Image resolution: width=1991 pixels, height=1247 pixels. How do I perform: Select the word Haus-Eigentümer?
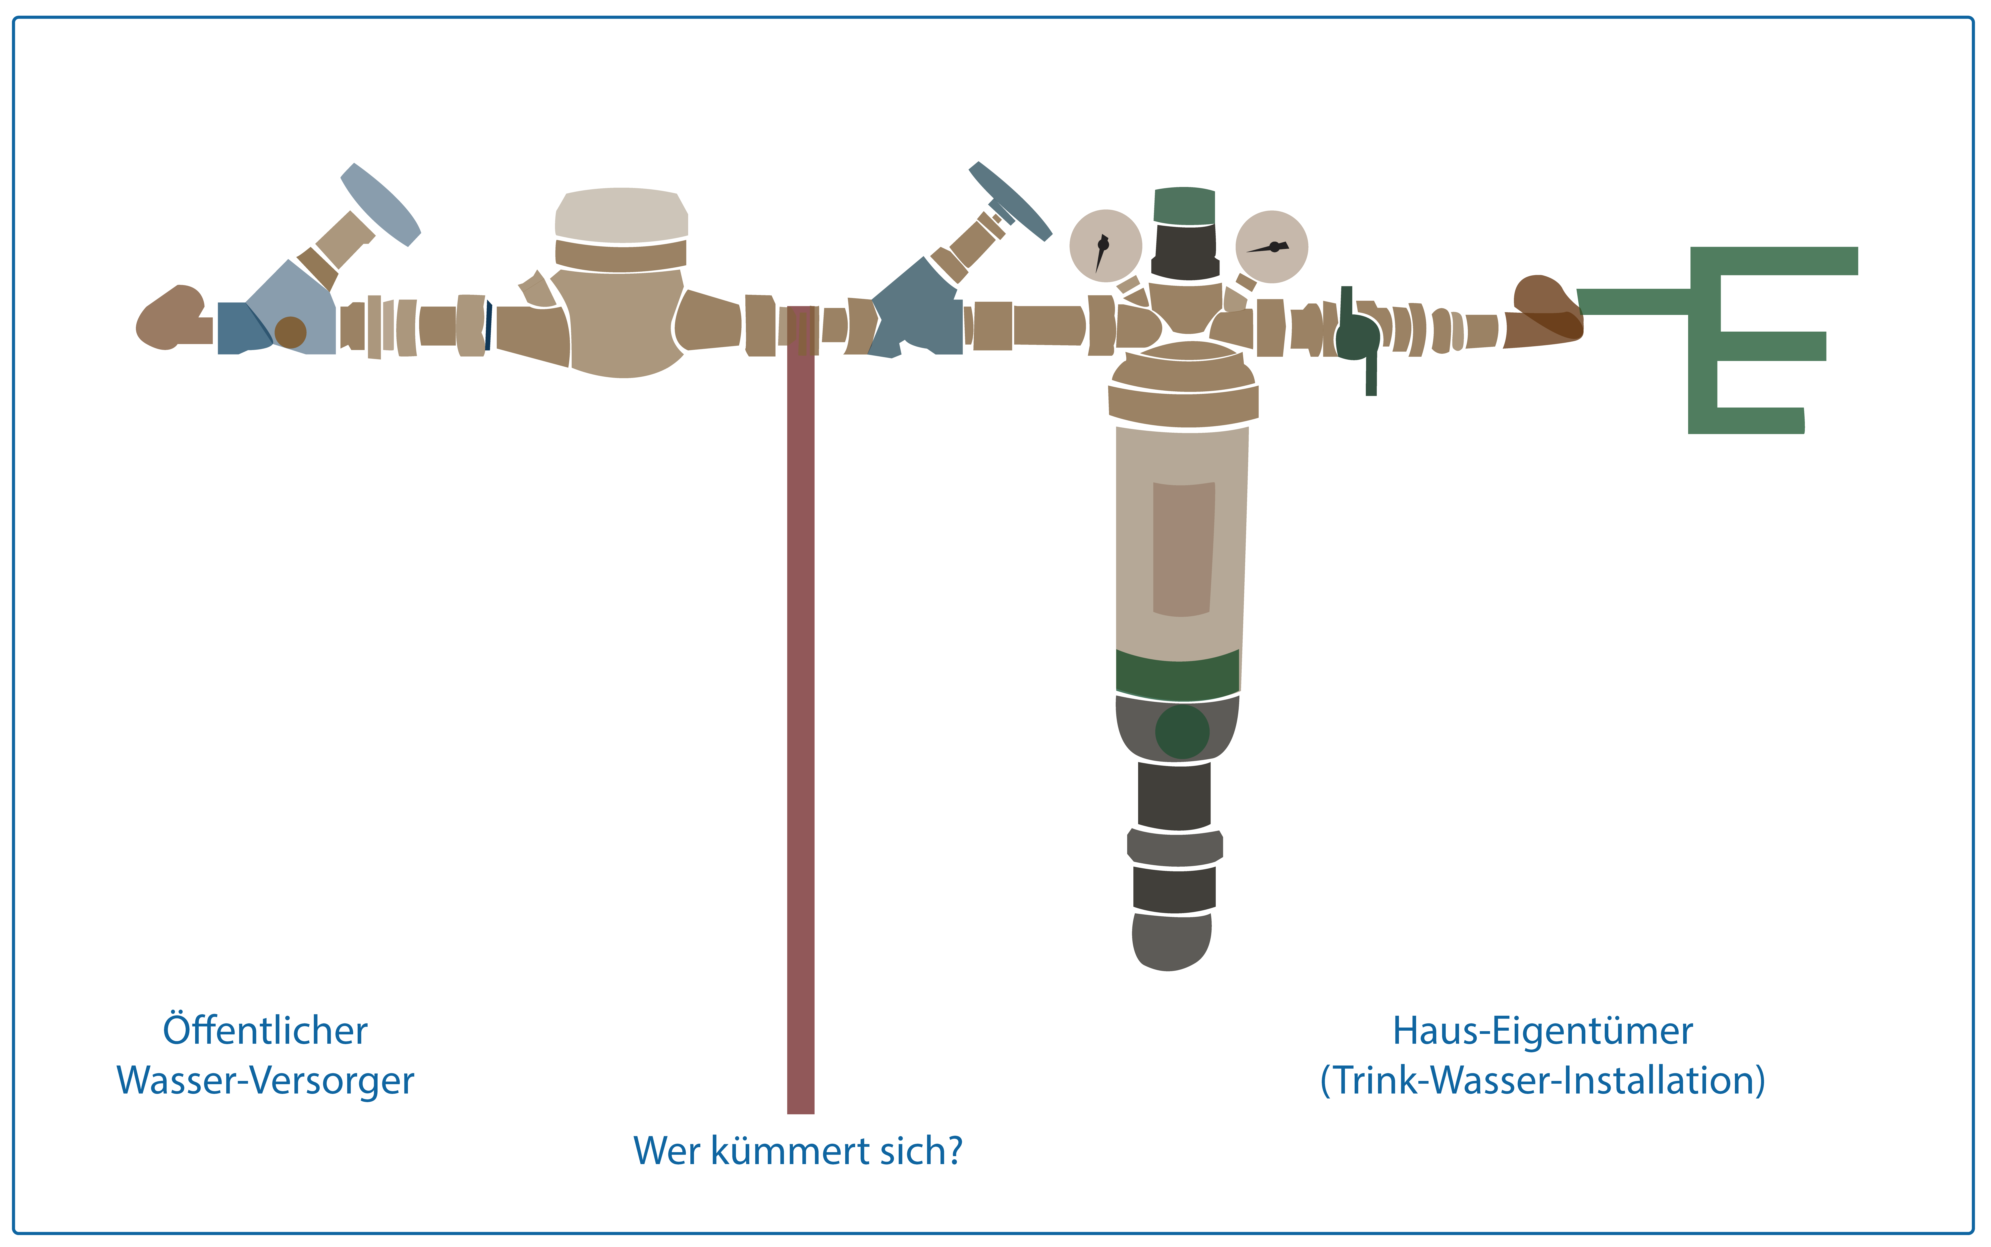click(1543, 1031)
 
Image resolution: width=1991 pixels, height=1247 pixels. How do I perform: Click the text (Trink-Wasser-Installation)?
click(1543, 1080)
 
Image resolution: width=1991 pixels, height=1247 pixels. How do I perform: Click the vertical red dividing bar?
click(801, 742)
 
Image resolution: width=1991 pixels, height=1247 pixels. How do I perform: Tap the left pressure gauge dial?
click(1105, 246)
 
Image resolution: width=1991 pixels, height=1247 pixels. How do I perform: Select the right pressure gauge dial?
click(1271, 246)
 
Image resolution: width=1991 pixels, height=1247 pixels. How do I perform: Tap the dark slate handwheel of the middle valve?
click(1010, 200)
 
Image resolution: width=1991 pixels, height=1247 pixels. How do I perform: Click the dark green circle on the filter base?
click(1181, 731)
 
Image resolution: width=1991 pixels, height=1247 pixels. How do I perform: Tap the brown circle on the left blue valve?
click(290, 332)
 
